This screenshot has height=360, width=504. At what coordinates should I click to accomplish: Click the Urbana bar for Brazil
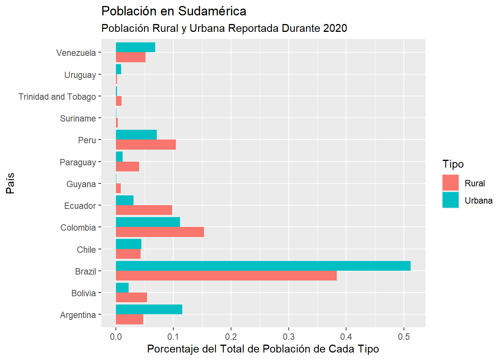point(263,266)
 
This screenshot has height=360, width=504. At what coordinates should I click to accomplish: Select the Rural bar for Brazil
point(226,276)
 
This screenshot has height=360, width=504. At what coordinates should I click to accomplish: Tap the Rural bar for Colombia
point(160,232)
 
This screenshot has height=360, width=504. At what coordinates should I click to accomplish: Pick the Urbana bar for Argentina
point(149,309)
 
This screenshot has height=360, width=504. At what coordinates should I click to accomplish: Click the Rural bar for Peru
point(145,145)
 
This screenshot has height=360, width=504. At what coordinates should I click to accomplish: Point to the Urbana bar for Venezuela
point(135,47)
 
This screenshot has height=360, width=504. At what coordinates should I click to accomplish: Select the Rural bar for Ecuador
point(144,210)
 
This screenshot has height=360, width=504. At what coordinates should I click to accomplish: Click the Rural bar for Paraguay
point(127,166)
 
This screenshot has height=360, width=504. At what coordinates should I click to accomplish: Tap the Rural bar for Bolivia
point(131,297)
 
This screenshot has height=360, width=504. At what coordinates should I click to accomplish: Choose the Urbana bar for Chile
point(128,244)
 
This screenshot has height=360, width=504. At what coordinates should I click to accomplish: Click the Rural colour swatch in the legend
point(450,183)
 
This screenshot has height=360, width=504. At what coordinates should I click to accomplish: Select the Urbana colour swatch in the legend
point(450,200)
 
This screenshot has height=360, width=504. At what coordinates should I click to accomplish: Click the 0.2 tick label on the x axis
point(231,337)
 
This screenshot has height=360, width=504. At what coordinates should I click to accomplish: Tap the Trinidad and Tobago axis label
point(57,97)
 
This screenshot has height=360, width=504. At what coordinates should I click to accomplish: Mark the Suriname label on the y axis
point(78,118)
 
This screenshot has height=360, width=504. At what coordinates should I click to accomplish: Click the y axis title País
point(10,183)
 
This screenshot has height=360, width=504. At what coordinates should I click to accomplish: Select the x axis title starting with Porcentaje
point(263,349)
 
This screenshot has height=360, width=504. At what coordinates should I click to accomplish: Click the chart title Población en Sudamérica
point(174,11)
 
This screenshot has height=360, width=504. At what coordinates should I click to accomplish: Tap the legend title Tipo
point(453,164)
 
